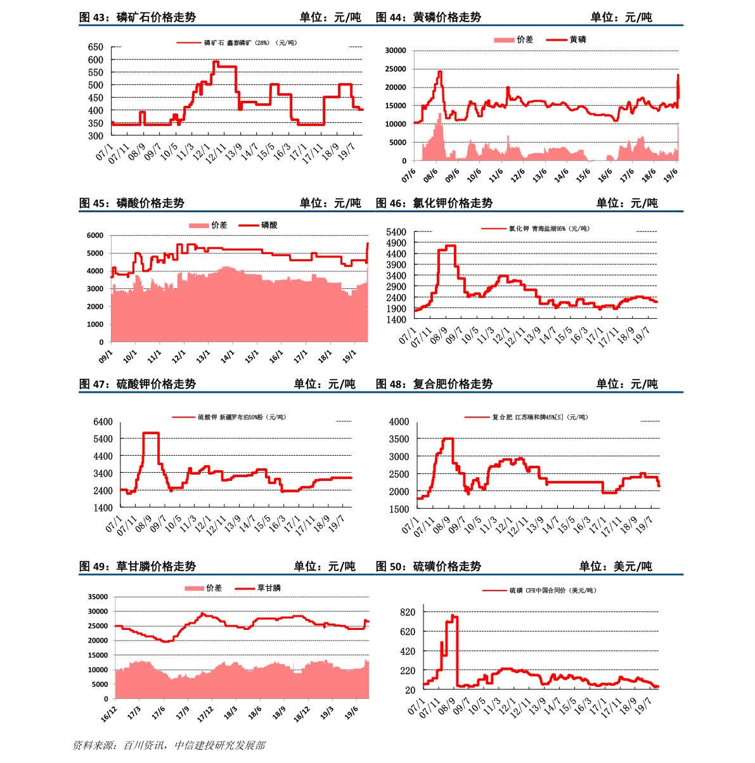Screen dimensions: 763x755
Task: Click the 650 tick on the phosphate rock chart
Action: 95,47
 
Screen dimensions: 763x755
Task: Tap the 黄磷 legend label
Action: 578,39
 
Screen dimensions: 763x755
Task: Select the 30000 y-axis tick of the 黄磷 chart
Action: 396,51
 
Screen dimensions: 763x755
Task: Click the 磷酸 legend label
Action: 269,225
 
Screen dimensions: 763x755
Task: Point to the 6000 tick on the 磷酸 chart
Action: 94,236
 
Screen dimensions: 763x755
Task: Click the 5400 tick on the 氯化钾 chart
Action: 396,233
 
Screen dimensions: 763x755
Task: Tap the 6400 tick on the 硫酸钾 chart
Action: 103,422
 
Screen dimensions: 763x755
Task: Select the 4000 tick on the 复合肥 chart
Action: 399,422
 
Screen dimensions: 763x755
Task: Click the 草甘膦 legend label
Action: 268,588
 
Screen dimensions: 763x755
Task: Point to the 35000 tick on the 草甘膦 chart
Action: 98,597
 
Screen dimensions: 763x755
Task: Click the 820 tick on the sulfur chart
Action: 408,612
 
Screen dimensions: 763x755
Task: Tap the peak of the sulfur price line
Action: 453,615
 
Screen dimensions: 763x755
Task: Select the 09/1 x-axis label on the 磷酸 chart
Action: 106,357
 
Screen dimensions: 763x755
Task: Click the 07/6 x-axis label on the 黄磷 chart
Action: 409,175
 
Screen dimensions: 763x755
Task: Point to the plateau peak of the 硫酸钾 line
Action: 151,433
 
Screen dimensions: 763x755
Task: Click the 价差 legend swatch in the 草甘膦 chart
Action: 194,589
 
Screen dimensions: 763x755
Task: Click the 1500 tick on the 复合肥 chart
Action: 399,509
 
